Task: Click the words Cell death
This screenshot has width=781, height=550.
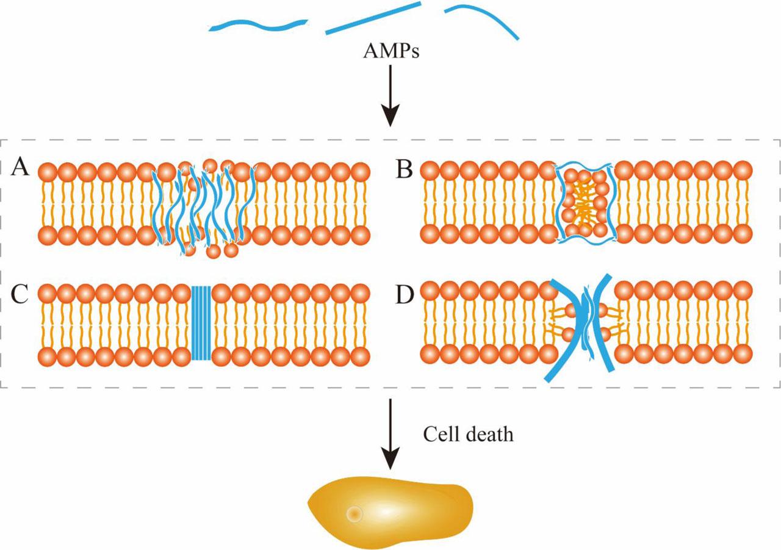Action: point(468,435)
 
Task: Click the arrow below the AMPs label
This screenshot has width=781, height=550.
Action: point(390,98)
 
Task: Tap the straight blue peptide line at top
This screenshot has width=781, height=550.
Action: point(373,18)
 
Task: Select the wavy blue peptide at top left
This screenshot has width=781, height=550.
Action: point(257,26)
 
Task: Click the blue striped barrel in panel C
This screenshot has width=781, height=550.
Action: point(201,323)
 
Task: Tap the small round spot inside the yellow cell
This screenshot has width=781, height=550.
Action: point(354,515)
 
